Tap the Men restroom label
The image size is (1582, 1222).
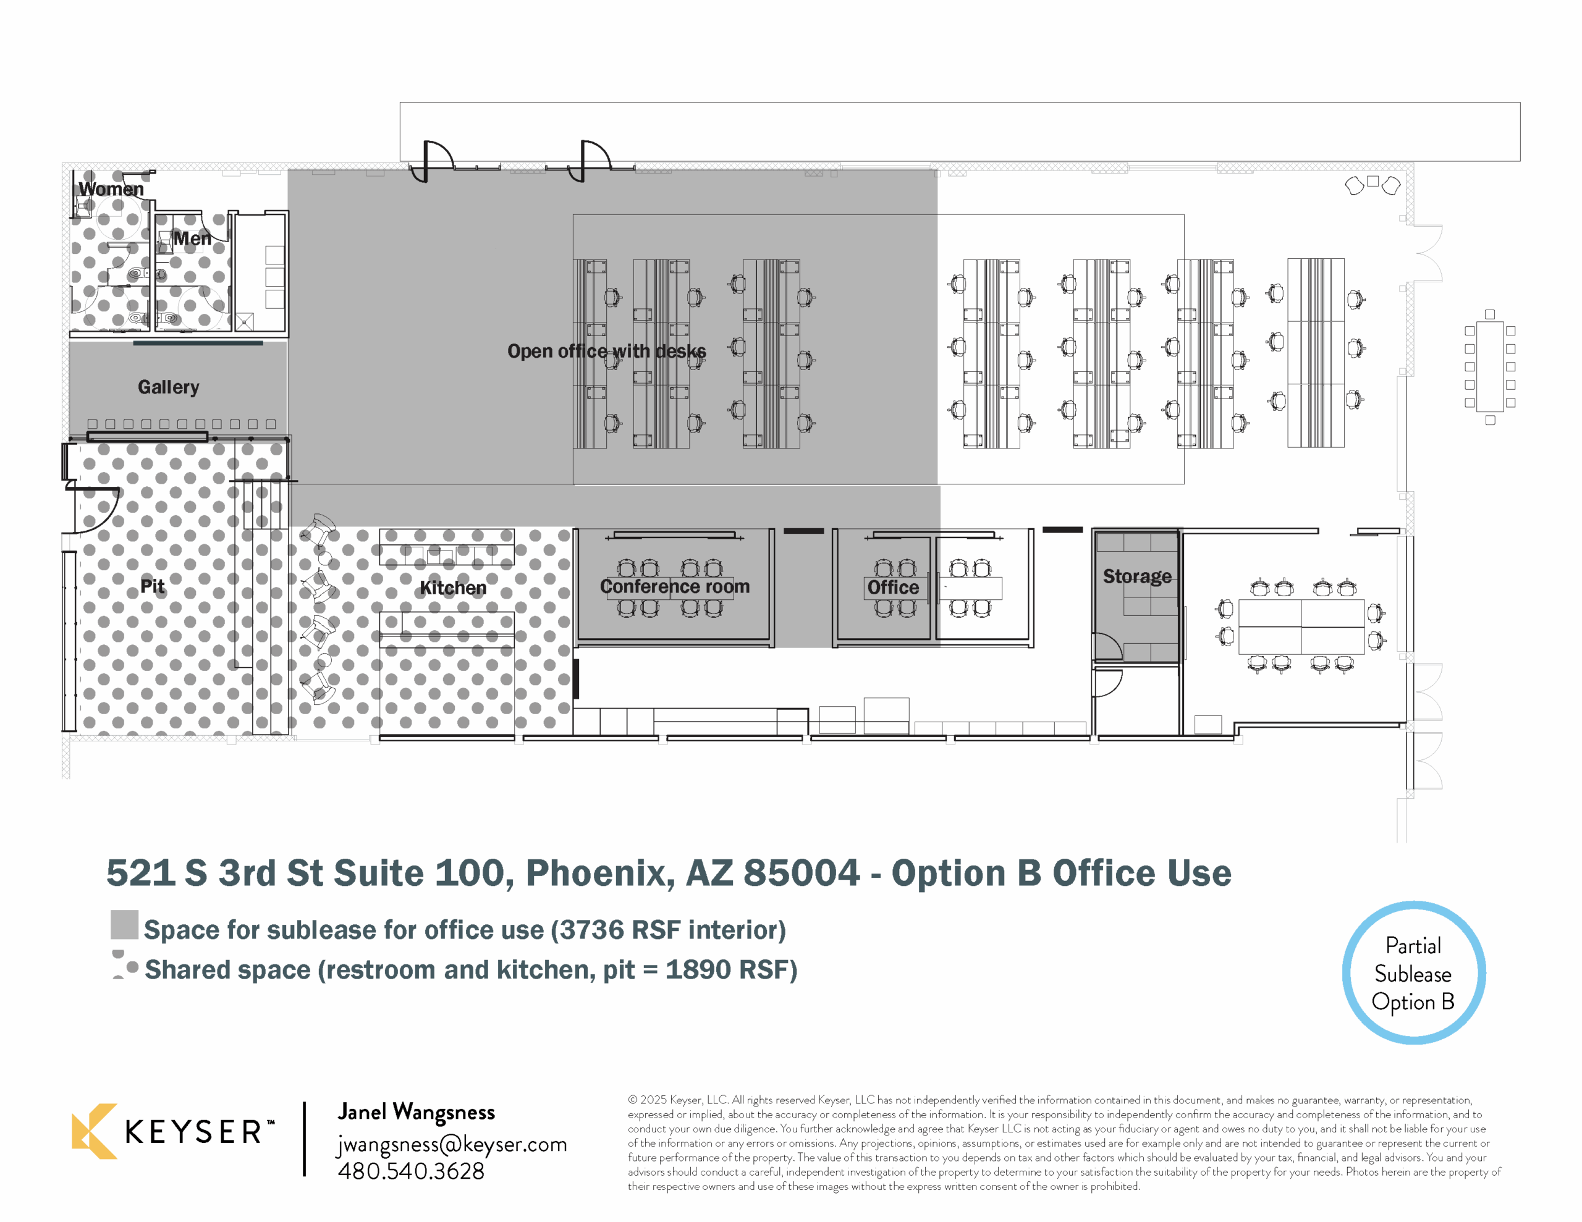pyautogui.click(x=192, y=238)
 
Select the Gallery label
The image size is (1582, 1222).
pyautogui.click(x=168, y=387)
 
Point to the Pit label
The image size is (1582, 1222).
pyautogui.click(x=152, y=586)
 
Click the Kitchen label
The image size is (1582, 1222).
pyautogui.click(x=453, y=588)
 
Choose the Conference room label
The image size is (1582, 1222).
pyautogui.click(x=674, y=586)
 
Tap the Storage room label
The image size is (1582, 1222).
pyautogui.click(x=1136, y=576)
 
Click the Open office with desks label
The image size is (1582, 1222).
pyautogui.click(x=606, y=352)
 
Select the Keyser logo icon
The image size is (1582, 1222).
pyautogui.click(x=94, y=1131)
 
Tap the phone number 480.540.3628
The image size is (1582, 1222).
pyautogui.click(x=411, y=1171)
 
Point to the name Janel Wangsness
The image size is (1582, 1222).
pyautogui.click(x=417, y=1113)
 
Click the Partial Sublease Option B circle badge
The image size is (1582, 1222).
pyautogui.click(x=1413, y=973)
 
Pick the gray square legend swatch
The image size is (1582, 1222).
pyautogui.click(x=125, y=924)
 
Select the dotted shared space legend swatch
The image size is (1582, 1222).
pyautogui.click(x=125, y=965)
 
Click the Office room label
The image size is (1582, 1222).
pyautogui.click(x=893, y=588)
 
